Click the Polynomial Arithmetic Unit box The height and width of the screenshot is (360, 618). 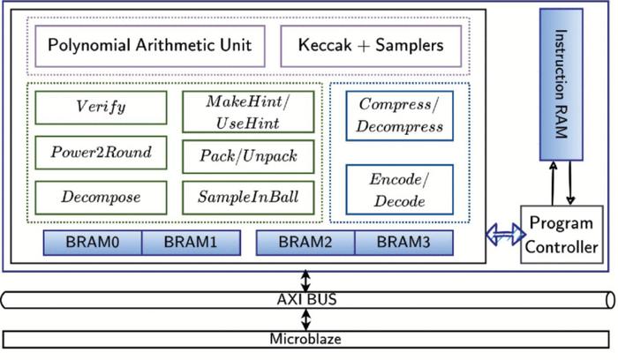click(149, 45)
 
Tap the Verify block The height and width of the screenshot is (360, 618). click(100, 108)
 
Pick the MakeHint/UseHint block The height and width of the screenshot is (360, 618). click(247, 112)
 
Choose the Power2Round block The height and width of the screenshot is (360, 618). click(100, 153)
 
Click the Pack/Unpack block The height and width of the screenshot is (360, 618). click(247, 156)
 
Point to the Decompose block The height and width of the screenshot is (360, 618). click(100, 197)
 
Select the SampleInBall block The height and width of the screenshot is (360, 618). click(247, 197)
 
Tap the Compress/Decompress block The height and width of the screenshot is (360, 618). click(400, 116)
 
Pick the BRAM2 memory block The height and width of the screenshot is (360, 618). click(305, 243)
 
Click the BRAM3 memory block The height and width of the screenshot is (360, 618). click(403, 243)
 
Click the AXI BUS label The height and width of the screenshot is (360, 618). click(305, 299)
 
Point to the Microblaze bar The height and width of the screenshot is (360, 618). click(305, 338)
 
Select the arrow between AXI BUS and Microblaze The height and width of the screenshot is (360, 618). click(305, 319)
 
